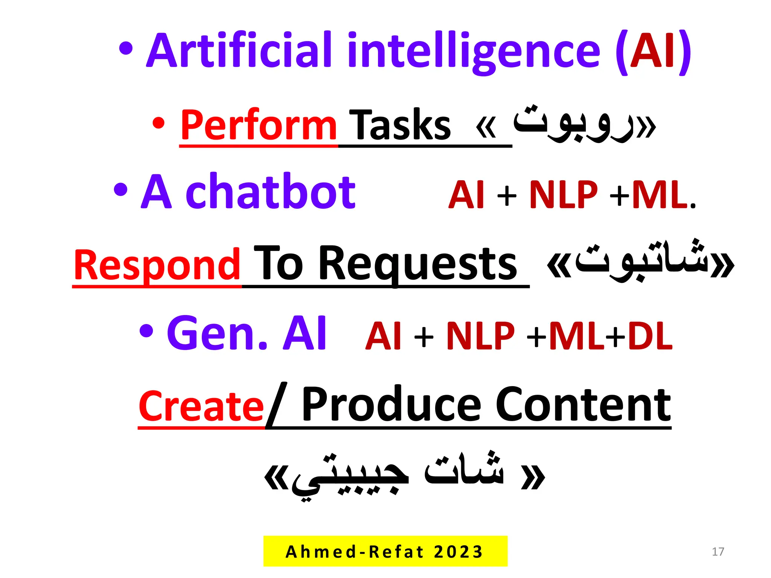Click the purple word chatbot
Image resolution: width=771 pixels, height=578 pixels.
click(270, 192)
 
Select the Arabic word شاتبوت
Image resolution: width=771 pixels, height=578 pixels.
click(640, 260)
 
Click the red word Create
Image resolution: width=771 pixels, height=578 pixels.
click(201, 406)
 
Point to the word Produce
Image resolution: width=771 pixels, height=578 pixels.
click(392, 405)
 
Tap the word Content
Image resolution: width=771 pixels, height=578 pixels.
click(583, 405)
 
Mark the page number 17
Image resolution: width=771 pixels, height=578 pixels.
click(718, 552)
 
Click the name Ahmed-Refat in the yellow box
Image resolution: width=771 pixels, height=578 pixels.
click(354, 552)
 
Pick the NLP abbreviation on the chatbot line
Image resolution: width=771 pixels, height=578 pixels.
click(563, 195)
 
